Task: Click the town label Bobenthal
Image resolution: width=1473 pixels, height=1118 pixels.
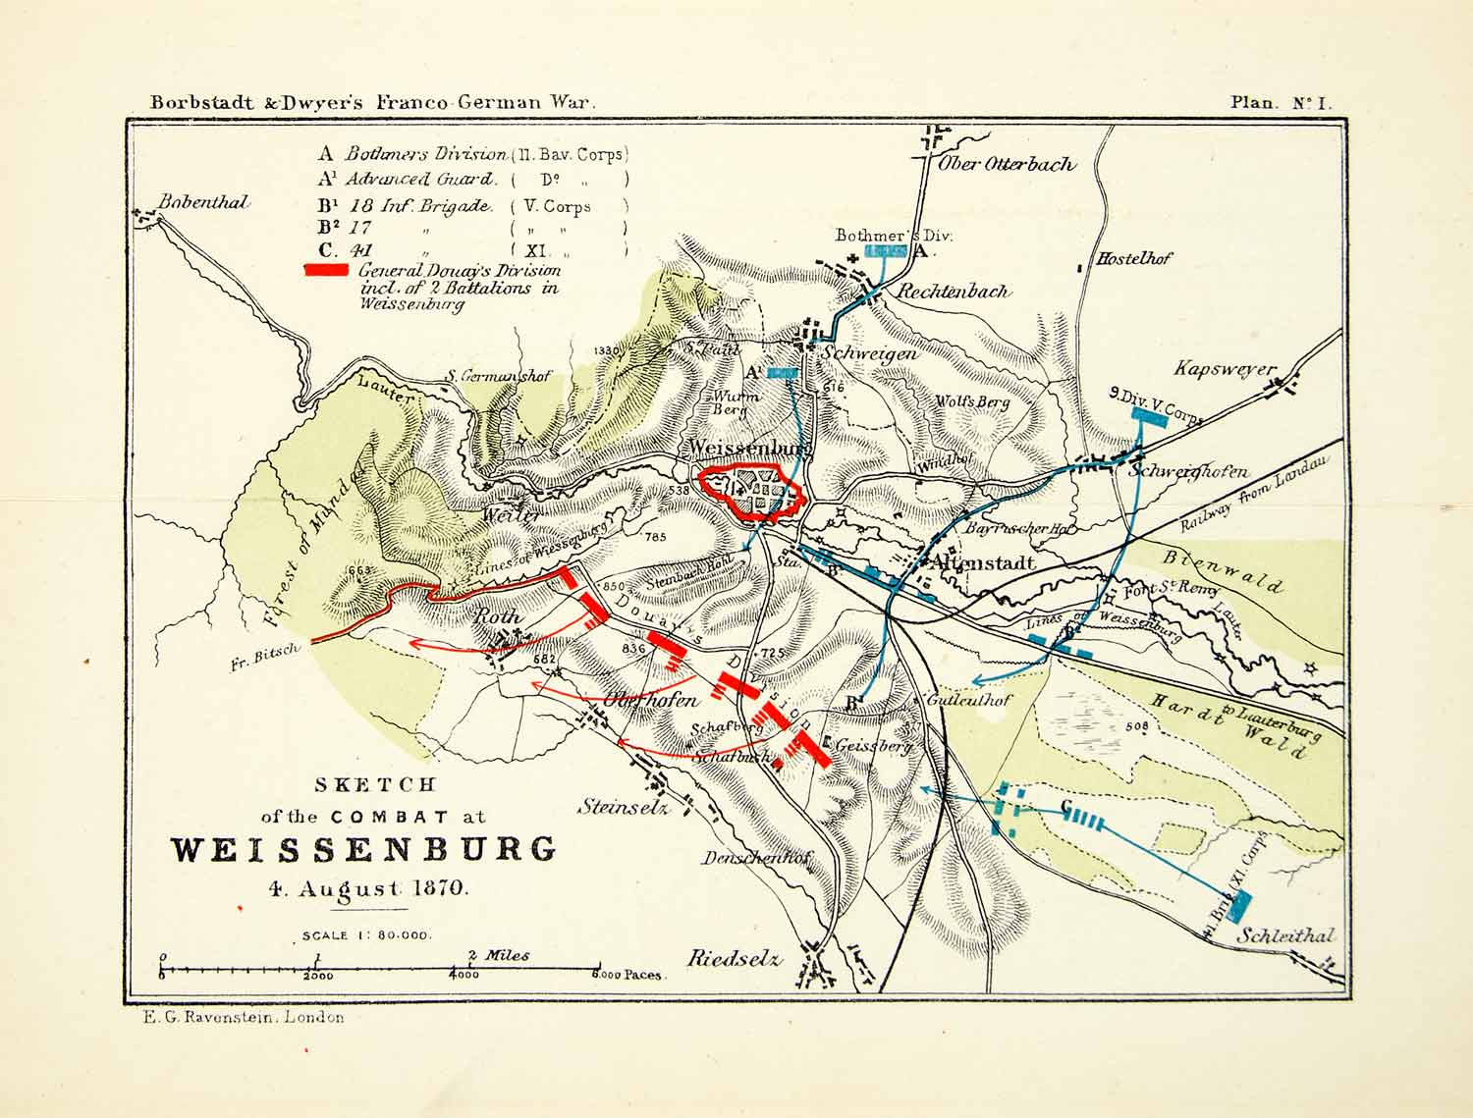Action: [203, 202]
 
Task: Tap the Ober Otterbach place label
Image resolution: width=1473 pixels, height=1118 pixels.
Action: [1007, 164]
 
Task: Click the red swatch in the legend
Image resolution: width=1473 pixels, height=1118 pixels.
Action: [326, 270]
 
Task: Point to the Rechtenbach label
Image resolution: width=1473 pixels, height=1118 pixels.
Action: [952, 292]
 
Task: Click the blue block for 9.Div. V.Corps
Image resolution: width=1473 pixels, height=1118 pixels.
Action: [1148, 415]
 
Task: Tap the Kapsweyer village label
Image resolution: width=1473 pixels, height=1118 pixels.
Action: [1225, 369]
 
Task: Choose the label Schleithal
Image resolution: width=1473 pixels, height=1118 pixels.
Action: [1284, 935]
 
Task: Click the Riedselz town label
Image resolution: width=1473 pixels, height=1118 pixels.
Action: [734, 958]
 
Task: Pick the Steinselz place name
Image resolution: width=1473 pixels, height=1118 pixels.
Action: [624, 808]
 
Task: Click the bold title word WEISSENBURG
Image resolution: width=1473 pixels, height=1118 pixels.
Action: [363, 849]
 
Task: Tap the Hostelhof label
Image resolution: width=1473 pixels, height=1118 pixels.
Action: [1134, 259]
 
